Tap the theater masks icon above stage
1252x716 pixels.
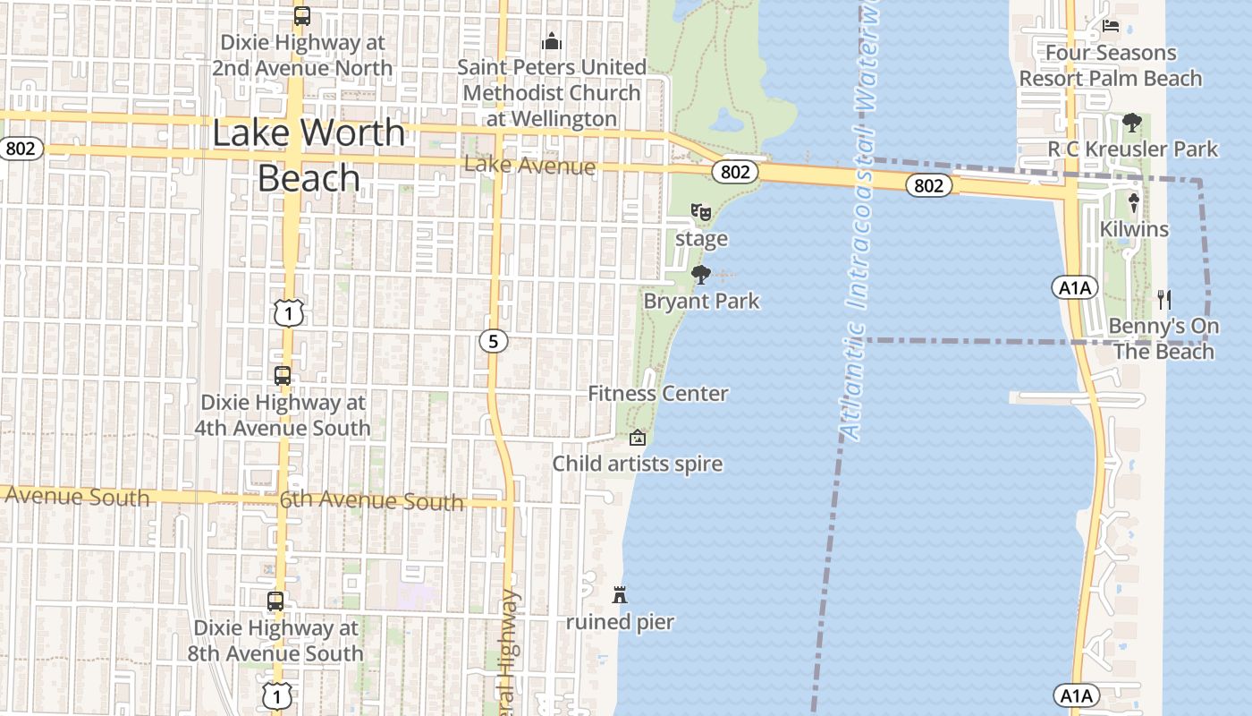coord(701,213)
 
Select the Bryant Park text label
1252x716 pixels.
coord(701,301)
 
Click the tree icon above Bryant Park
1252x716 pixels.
coord(701,274)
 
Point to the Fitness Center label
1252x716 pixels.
coord(657,394)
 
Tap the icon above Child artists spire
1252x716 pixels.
coord(638,438)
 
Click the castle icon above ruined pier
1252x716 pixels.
coord(619,594)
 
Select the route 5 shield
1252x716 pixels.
coord(493,340)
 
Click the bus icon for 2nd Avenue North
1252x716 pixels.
coord(302,16)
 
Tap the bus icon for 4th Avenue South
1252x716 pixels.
coord(283,376)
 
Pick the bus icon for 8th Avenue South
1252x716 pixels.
coord(275,601)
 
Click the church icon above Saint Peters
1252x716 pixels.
coord(552,41)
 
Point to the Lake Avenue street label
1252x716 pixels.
coord(529,166)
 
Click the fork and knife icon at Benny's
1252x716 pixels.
coord(1163,299)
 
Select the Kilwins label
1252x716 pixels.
coord(1134,229)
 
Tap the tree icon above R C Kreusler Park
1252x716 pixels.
coord(1132,122)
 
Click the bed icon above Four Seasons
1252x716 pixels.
coord(1111,26)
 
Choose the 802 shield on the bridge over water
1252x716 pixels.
coord(929,185)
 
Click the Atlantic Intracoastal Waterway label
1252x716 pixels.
coord(859,224)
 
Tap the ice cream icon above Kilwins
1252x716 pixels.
coord(1134,203)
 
